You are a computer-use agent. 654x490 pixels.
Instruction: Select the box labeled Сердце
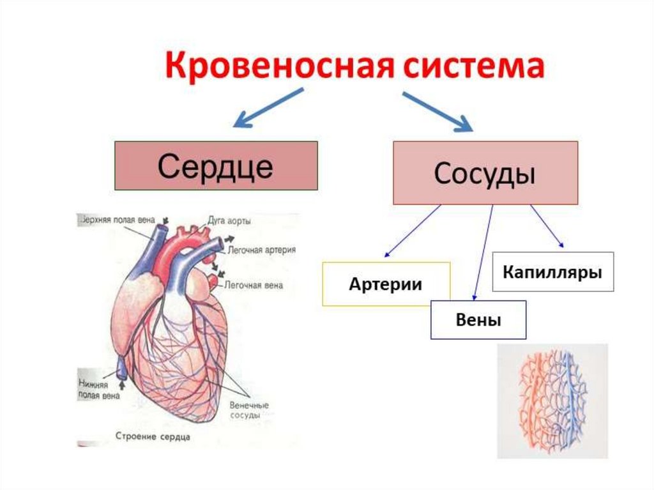[216, 165]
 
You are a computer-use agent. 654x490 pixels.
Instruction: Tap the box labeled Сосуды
[485, 173]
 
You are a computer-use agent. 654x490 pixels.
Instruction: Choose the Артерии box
[386, 284]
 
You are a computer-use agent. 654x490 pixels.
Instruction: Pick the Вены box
[478, 319]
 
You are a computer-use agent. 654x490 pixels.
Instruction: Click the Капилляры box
[553, 272]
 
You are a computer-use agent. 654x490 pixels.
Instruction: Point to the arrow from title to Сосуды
[437, 111]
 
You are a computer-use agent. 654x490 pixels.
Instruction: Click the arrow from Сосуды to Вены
[482, 252]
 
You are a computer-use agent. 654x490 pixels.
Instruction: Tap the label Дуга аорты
[229, 221]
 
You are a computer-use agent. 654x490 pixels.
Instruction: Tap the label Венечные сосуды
[248, 410]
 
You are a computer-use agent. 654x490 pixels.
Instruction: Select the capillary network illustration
[552, 401]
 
